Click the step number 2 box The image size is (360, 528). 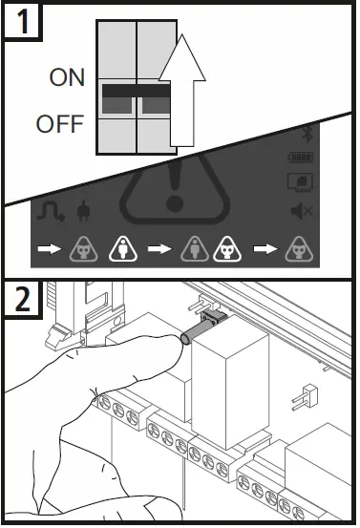(21, 301)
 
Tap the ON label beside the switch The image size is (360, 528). (67, 79)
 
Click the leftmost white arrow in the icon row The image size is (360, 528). (49, 251)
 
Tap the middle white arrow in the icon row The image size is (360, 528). (159, 251)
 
